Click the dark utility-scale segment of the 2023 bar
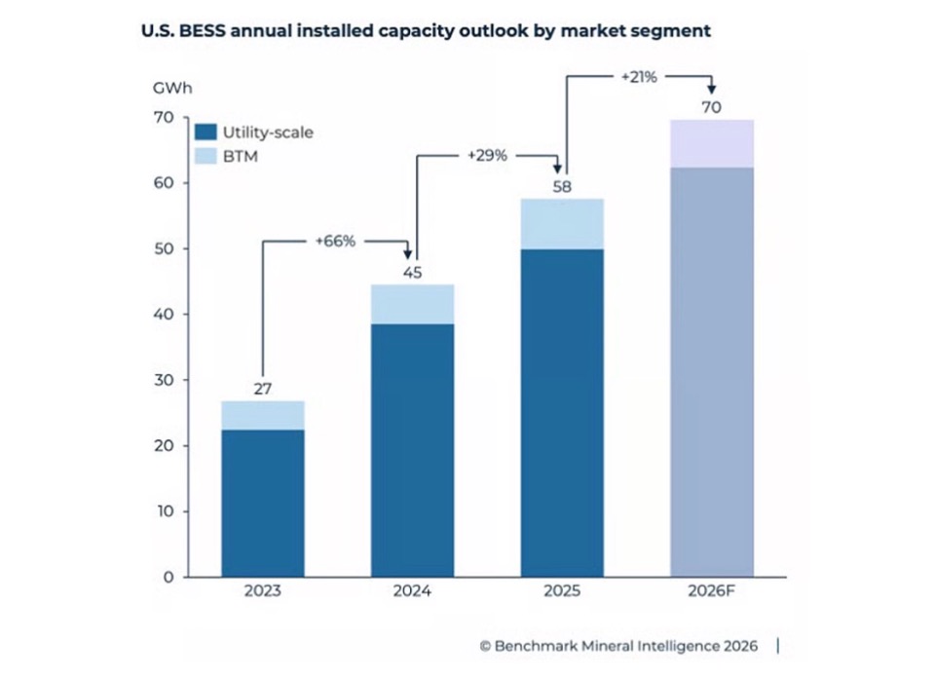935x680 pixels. click(263, 503)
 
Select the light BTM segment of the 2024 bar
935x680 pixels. click(413, 304)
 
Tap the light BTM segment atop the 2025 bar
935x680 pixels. click(562, 223)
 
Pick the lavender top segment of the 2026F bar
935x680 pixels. click(712, 143)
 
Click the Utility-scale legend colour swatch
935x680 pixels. click(206, 132)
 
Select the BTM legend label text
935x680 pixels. click(239, 156)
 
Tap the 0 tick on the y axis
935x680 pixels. click(168, 577)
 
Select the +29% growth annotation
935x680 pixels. click(487, 154)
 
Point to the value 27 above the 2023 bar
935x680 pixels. click(263, 389)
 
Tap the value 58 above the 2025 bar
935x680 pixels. click(562, 187)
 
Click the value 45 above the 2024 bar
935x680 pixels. click(413, 272)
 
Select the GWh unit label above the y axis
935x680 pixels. click(173, 89)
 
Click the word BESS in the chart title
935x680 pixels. click(192, 31)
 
